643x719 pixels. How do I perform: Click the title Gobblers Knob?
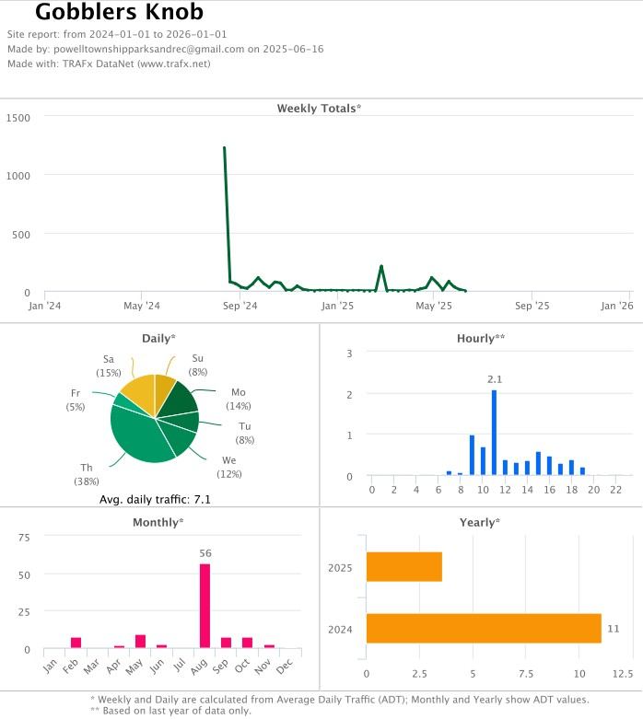pos(119,13)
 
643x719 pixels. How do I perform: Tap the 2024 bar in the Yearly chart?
pos(483,628)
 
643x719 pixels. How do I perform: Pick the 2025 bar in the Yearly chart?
pos(403,567)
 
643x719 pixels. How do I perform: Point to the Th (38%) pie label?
pos(86,474)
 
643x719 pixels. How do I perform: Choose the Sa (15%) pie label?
pos(109,365)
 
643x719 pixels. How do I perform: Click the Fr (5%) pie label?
pos(76,400)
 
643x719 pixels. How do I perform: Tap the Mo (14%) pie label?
pos(239,399)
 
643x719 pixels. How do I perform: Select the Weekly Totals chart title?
pos(319,109)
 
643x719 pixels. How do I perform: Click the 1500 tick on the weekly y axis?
pos(18,118)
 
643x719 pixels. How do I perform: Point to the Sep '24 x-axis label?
pos(240,306)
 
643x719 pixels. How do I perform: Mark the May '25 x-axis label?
pos(433,306)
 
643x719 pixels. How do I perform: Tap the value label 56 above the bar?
pos(205,553)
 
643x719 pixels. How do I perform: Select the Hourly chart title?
pos(481,339)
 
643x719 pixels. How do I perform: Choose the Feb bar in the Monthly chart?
pos(76,643)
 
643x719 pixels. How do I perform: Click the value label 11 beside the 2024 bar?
pos(613,628)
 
